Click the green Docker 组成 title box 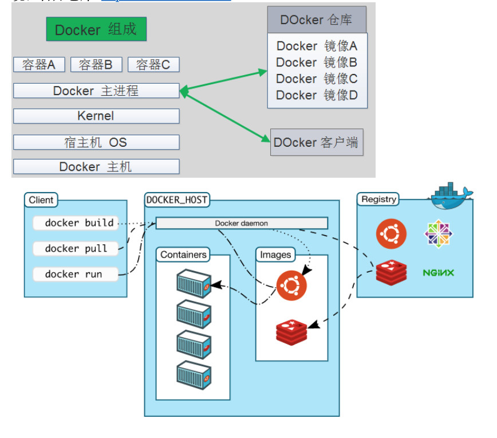click(x=96, y=29)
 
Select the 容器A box click(x=39, y=65)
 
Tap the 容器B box click(x=96, y=65)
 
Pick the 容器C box click(x=153, y=65)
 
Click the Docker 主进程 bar click(x=96, y=91)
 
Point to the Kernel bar click(x=96, y=116)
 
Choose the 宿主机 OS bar click(x=96, y=142)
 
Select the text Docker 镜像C click(x=317, y=79)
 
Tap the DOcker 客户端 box click(x=316, y=142)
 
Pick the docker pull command click(x=76, y=248)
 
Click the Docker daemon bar click(x=242, y=223)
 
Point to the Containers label click(x=183, y=255)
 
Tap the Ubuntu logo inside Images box click(x=291, y=284)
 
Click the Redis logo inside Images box click(x=291, y=331)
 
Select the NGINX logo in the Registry click(x=438, y=272)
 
